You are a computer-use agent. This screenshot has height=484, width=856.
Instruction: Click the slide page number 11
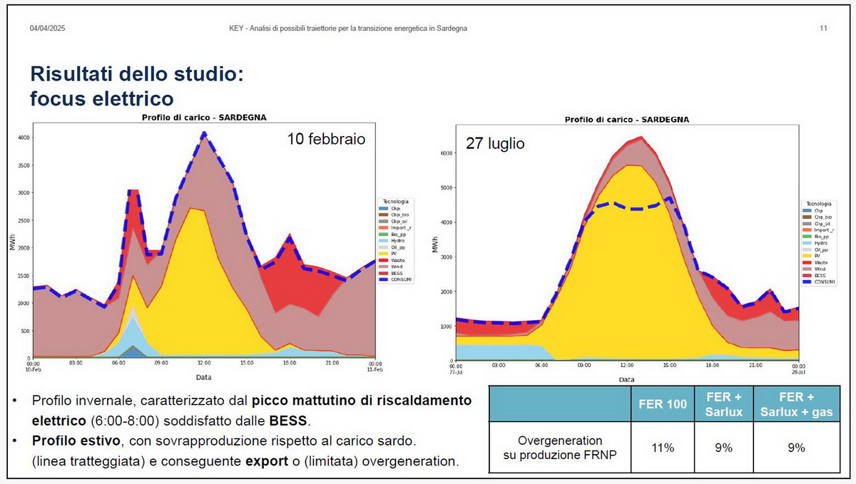(823, 29)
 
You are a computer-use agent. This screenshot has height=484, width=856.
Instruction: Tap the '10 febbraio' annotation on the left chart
(326, 140)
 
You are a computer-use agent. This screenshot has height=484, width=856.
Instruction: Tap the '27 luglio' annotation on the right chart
(495, 144)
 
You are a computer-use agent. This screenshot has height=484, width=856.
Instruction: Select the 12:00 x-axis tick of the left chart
(204, 363)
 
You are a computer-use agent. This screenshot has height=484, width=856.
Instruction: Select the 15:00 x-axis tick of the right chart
(671, 365)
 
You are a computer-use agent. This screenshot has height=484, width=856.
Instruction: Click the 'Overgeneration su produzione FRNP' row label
(561, 448)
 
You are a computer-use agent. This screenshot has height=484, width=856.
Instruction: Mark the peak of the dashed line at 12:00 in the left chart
(204, 133)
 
